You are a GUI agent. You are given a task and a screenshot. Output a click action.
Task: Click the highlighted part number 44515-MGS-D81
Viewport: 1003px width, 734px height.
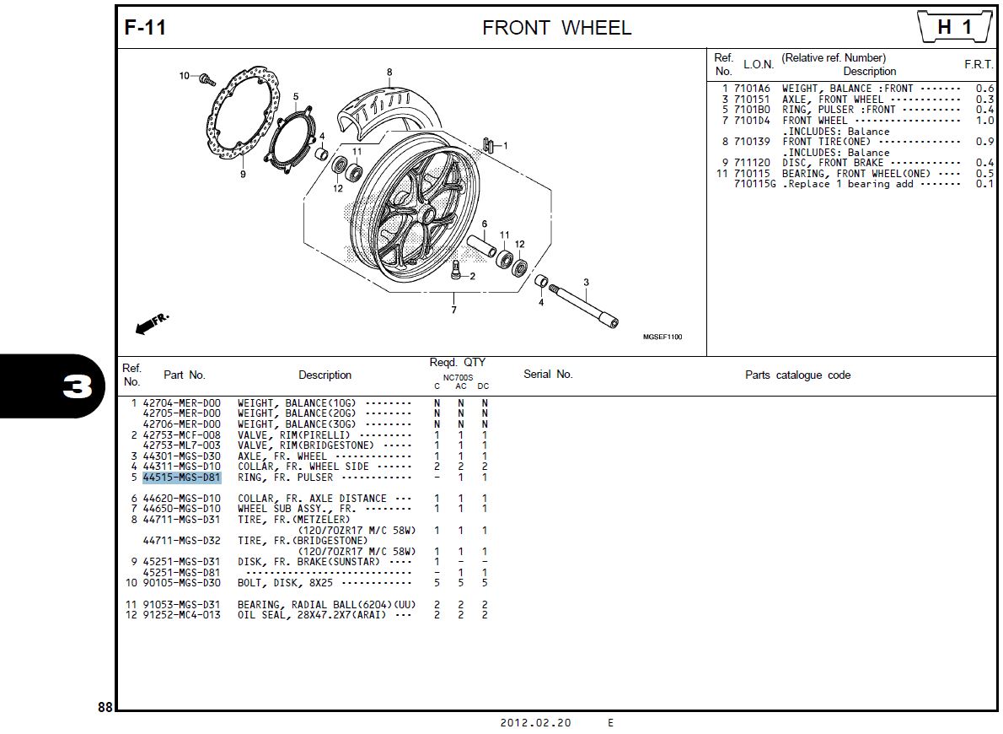click(181, 478)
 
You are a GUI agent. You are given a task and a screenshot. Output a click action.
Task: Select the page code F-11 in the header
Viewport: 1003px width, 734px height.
click(146, 28)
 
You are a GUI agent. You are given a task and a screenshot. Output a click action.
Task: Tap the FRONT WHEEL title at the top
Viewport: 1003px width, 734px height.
click(556, 28)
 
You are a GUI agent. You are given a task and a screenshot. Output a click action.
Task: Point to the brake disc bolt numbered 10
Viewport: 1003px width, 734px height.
click(204, 78)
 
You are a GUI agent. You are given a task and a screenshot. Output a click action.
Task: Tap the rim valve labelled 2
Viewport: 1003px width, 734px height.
click(456, 271)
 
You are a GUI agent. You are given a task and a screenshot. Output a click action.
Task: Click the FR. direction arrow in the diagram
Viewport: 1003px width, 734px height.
click(150, 323)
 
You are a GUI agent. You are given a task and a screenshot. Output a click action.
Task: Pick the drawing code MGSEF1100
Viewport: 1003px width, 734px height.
click(662, 337)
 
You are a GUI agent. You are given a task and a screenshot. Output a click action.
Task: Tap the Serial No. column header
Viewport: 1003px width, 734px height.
click(548, 375)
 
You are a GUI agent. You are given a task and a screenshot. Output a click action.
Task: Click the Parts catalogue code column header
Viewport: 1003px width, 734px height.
click(797, 375)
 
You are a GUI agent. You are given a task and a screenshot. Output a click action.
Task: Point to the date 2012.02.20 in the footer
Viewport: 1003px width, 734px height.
click(535, 723)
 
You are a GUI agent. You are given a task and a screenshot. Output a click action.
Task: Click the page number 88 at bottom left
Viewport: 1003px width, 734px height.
click(105, 708)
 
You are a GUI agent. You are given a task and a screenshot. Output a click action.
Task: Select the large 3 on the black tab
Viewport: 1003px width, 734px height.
click(77, 387)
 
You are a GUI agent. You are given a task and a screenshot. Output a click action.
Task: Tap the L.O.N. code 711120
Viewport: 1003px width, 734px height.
click(752, 163)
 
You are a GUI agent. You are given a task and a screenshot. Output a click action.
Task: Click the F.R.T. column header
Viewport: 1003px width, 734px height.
click(979, 65)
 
